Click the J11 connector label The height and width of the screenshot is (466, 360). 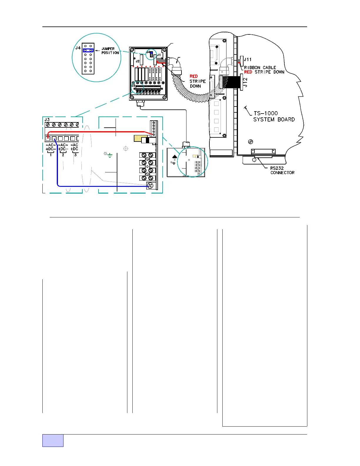coord(248,60)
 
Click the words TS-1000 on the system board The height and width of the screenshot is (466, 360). coord(266,113)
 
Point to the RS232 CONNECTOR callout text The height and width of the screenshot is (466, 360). coord(282,170)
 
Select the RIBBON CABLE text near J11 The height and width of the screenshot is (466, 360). coord(260,68)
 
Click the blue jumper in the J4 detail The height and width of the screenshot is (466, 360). coord(88,51)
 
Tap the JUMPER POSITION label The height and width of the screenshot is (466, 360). coord(110,51)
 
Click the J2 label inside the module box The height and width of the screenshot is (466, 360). coord(138,61)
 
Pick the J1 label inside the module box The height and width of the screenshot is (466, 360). coord(159,55)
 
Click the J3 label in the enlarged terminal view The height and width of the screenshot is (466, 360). coord(47,120)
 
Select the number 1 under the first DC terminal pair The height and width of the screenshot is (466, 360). coord(51,155)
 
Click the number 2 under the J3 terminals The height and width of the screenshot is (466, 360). coord(63,155)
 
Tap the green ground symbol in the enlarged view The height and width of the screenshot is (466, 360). coord(110,155)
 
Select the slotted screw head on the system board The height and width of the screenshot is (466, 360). coord(251,142)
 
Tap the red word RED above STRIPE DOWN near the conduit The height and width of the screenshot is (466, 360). coord(194,76)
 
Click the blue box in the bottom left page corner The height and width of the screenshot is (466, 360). coord(53,440)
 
